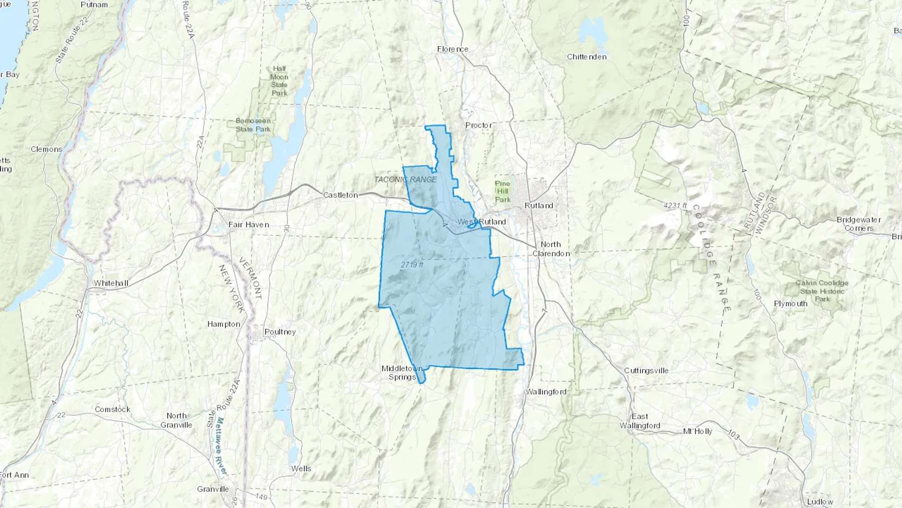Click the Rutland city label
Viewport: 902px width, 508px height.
[539, 206]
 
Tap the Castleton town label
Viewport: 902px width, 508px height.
[340, 195]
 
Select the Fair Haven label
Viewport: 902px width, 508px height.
[249, 225]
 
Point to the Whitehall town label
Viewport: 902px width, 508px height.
[111, 283]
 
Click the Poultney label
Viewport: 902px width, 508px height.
[280, 332]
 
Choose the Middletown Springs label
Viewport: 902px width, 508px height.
[402, 373]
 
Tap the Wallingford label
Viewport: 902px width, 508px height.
[546, 392]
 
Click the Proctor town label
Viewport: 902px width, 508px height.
[479, 125]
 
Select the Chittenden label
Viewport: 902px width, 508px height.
[586, 57]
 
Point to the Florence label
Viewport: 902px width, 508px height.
[453, 49]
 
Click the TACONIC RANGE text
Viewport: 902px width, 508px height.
[405, 180]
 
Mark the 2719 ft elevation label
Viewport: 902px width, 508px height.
[412, 265]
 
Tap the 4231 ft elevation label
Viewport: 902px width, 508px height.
[675, 206]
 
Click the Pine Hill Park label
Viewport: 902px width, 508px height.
[503, 192]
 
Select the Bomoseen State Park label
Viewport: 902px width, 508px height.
[253, 125]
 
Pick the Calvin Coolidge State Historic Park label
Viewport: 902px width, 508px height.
[822, 291]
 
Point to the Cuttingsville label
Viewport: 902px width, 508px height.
[646, 371]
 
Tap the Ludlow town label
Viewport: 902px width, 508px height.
[820, 501]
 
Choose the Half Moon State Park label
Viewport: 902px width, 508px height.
[279, 81]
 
